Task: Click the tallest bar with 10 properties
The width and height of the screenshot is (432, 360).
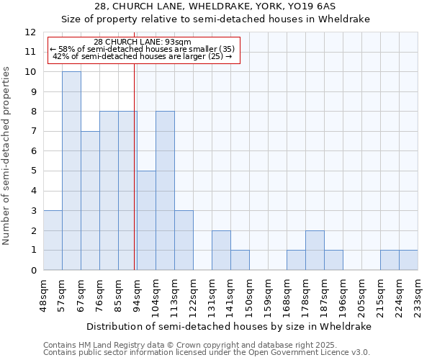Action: [71, 171]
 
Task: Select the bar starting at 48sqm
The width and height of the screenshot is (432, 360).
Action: [53, 240]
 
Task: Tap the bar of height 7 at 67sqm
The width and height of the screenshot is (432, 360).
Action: [90, 200]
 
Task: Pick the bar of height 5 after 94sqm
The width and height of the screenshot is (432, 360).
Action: [146, 220]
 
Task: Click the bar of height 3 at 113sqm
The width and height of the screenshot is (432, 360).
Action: [184, 240]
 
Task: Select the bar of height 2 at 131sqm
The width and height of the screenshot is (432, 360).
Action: [221, 251]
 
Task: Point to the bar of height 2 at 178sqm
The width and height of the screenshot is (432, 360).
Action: [315, 251]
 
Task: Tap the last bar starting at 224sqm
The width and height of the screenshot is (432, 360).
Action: [408, 260]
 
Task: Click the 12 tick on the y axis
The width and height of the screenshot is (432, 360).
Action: [30, 32]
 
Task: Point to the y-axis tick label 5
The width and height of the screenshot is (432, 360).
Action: [33, 171]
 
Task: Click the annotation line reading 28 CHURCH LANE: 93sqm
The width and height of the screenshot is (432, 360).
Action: [143, 42]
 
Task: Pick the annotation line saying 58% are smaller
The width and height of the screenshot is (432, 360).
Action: [143, 49]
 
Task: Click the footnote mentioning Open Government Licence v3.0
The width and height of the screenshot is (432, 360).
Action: [207, 352]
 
